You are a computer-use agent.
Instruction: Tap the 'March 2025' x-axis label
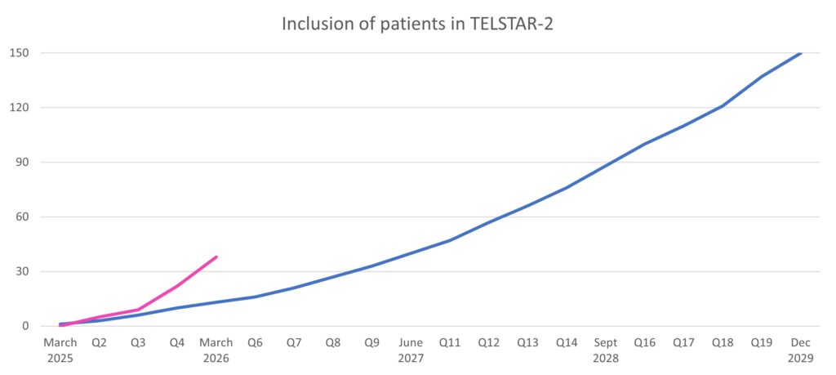60,350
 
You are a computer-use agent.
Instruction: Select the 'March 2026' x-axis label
216,350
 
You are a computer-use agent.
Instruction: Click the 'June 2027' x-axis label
411,350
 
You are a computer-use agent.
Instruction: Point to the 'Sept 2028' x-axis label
606,350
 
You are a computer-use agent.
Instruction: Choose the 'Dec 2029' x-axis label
801,350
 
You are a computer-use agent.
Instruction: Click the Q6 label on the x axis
255,343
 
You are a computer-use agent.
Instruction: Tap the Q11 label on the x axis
450,343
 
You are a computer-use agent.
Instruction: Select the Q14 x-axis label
567,343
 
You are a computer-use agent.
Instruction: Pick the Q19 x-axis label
762,343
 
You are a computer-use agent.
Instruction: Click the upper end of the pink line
216,257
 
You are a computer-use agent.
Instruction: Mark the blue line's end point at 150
801,53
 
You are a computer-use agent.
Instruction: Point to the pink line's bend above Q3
138,310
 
